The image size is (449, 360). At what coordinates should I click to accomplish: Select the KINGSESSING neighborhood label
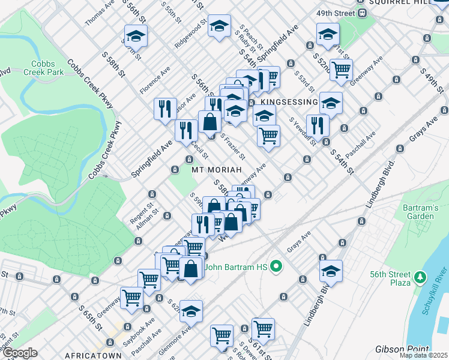tap(289, 103)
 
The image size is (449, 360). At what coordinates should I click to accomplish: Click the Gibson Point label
tap(403, 349)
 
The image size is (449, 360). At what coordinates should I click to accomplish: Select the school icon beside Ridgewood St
tap(220, 26)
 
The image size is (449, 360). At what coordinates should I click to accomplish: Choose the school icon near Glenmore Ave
tap(191, 311)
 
